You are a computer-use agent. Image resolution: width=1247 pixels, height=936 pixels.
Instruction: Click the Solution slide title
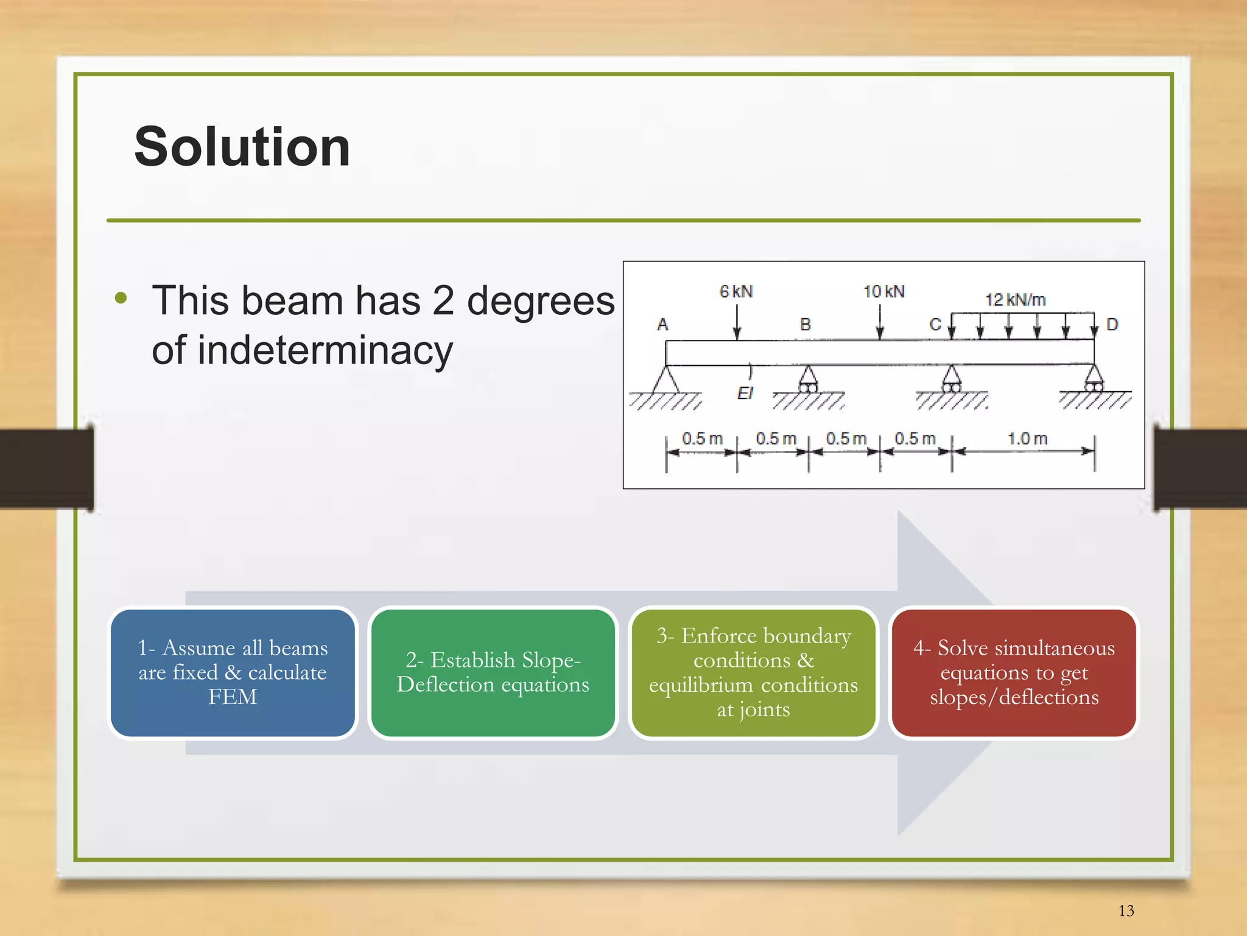(x=242, y=147)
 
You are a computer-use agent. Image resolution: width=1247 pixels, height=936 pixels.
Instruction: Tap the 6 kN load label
(x=736, y=292)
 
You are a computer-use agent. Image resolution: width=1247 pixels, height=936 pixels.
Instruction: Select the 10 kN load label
(x=883, y=292)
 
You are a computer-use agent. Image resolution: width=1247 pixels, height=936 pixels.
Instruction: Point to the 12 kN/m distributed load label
(x=1015, y=300)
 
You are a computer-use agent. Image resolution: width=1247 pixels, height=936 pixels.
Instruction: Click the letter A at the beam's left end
(x=662, y=325)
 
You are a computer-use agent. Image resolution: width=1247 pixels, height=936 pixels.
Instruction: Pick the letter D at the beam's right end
(x=1112, y=325)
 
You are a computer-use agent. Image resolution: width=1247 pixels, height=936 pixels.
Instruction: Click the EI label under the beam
(x=745, y=393)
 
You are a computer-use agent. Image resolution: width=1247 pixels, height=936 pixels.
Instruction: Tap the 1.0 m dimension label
(x=1027, y=438)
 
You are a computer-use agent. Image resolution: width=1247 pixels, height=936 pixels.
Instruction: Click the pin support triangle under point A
(x=666, y=380)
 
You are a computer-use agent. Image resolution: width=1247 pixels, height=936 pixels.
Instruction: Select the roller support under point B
(x=807, y=381)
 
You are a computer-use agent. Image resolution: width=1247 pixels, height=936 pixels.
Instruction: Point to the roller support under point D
(x=1094, y=380)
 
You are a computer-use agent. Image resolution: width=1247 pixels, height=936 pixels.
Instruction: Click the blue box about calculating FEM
(x=233, y=672)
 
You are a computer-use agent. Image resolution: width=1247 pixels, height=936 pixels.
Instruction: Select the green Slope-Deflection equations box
(x=493, y=672)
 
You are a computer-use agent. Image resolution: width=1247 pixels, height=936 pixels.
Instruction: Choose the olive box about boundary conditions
(x=753, y=672)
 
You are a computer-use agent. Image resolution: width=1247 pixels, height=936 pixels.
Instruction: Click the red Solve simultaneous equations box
(x=1014, y=672)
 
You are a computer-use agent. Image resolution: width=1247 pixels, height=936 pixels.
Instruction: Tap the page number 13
(x=1126, y=910)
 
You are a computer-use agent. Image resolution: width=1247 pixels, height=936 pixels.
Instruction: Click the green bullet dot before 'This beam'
(x=121, y=298)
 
